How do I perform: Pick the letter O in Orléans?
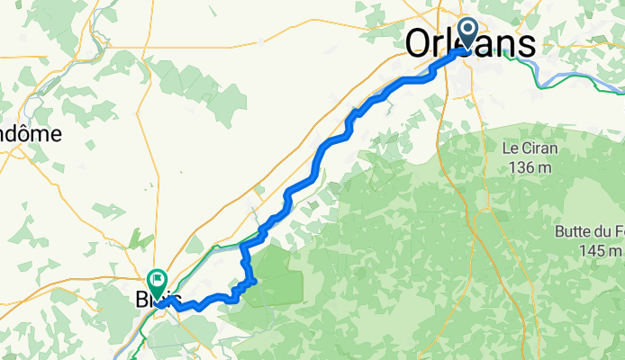point(421,43)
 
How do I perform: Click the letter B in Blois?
point(141,298)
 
